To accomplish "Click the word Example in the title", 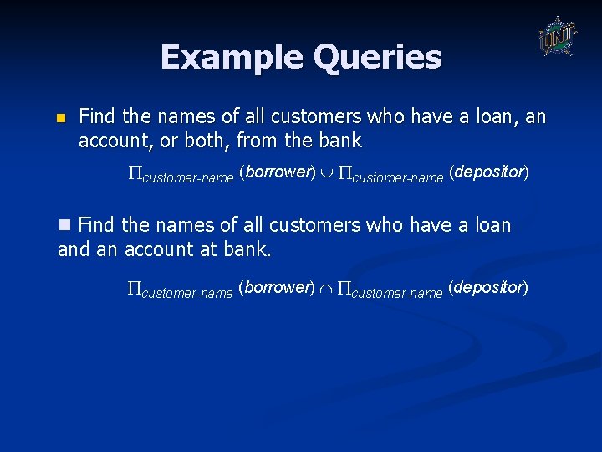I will [232, 58].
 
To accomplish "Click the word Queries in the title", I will [378, 58].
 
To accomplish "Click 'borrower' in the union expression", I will [275, 172].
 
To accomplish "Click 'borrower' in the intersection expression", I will [275, 288].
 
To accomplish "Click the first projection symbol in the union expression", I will [135, 173].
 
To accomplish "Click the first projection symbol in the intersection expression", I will [135, 289].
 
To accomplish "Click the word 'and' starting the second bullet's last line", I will [73, 249].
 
